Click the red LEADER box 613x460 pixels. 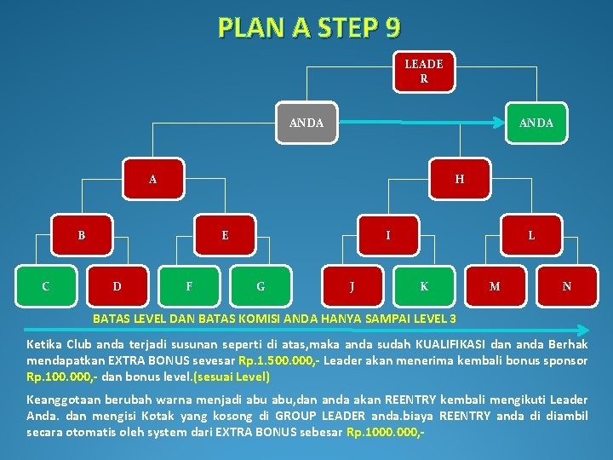(x=423, y=72)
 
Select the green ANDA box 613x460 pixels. (x=536, y=123)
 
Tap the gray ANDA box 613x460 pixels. (x=306, y=123)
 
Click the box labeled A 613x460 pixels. (x=152, y=180)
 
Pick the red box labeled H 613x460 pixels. (x=460, y=180)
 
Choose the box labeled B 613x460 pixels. (x=82, y=235)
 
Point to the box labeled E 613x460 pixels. (x=225, y=235)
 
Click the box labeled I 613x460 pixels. (x=388, y=235)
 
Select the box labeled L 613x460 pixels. (x=531, y=235)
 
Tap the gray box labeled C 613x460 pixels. (x=46, y=286)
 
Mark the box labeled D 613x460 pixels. (x=117, y=286)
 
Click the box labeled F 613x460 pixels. (x=189, y=286)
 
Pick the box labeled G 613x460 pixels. (x=261, y=286)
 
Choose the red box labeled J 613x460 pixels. (x=352, y=286)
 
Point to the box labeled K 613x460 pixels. (x=424, y=286)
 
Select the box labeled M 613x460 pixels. (x=495, y=286)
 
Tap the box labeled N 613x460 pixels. (x=567, y=286)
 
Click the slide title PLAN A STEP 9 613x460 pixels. (x=308, y=28)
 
